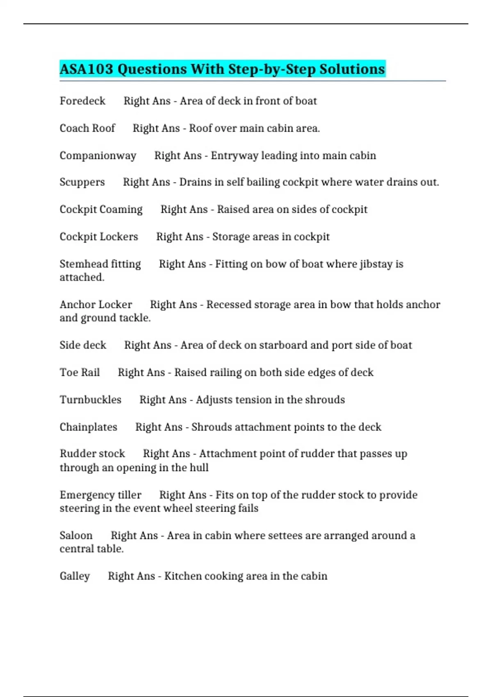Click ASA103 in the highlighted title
tap(86, 69)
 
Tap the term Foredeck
tap(82, 101)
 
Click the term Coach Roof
tap(87, 128)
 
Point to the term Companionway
tap(98, 156)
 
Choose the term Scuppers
tap(82, 182)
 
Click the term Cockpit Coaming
tap(101, 210)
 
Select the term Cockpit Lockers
tap(99, 237)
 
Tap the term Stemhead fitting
tap(100, 264)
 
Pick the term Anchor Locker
tap(96, 305)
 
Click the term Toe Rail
tap(80, 372)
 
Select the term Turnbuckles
tap(91, 400)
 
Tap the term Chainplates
tap(88, 427)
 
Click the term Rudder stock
tap(92, 454)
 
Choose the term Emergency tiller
tap(100, 495)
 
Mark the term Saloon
tap(76, 535)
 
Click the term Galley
tap(75, 576)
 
